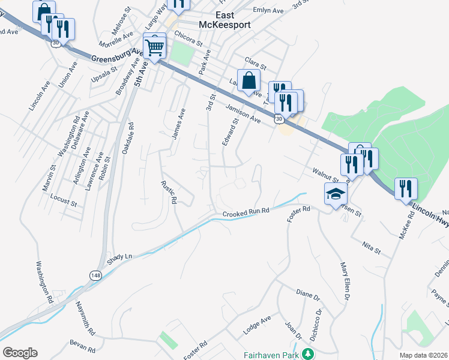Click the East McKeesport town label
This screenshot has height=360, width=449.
225,20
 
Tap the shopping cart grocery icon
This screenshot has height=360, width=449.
155,46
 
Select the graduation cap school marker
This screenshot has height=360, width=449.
336,193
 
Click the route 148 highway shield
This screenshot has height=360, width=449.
95,275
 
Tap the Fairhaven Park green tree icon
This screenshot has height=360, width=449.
308,354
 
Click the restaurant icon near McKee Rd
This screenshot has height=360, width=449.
406,189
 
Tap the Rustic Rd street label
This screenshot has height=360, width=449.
169,193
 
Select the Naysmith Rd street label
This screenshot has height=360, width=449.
85,318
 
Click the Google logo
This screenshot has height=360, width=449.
20,353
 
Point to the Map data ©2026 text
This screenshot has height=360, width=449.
423,355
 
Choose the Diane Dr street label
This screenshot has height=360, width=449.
309,295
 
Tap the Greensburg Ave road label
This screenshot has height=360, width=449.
118,56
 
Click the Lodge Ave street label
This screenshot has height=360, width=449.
257,324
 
